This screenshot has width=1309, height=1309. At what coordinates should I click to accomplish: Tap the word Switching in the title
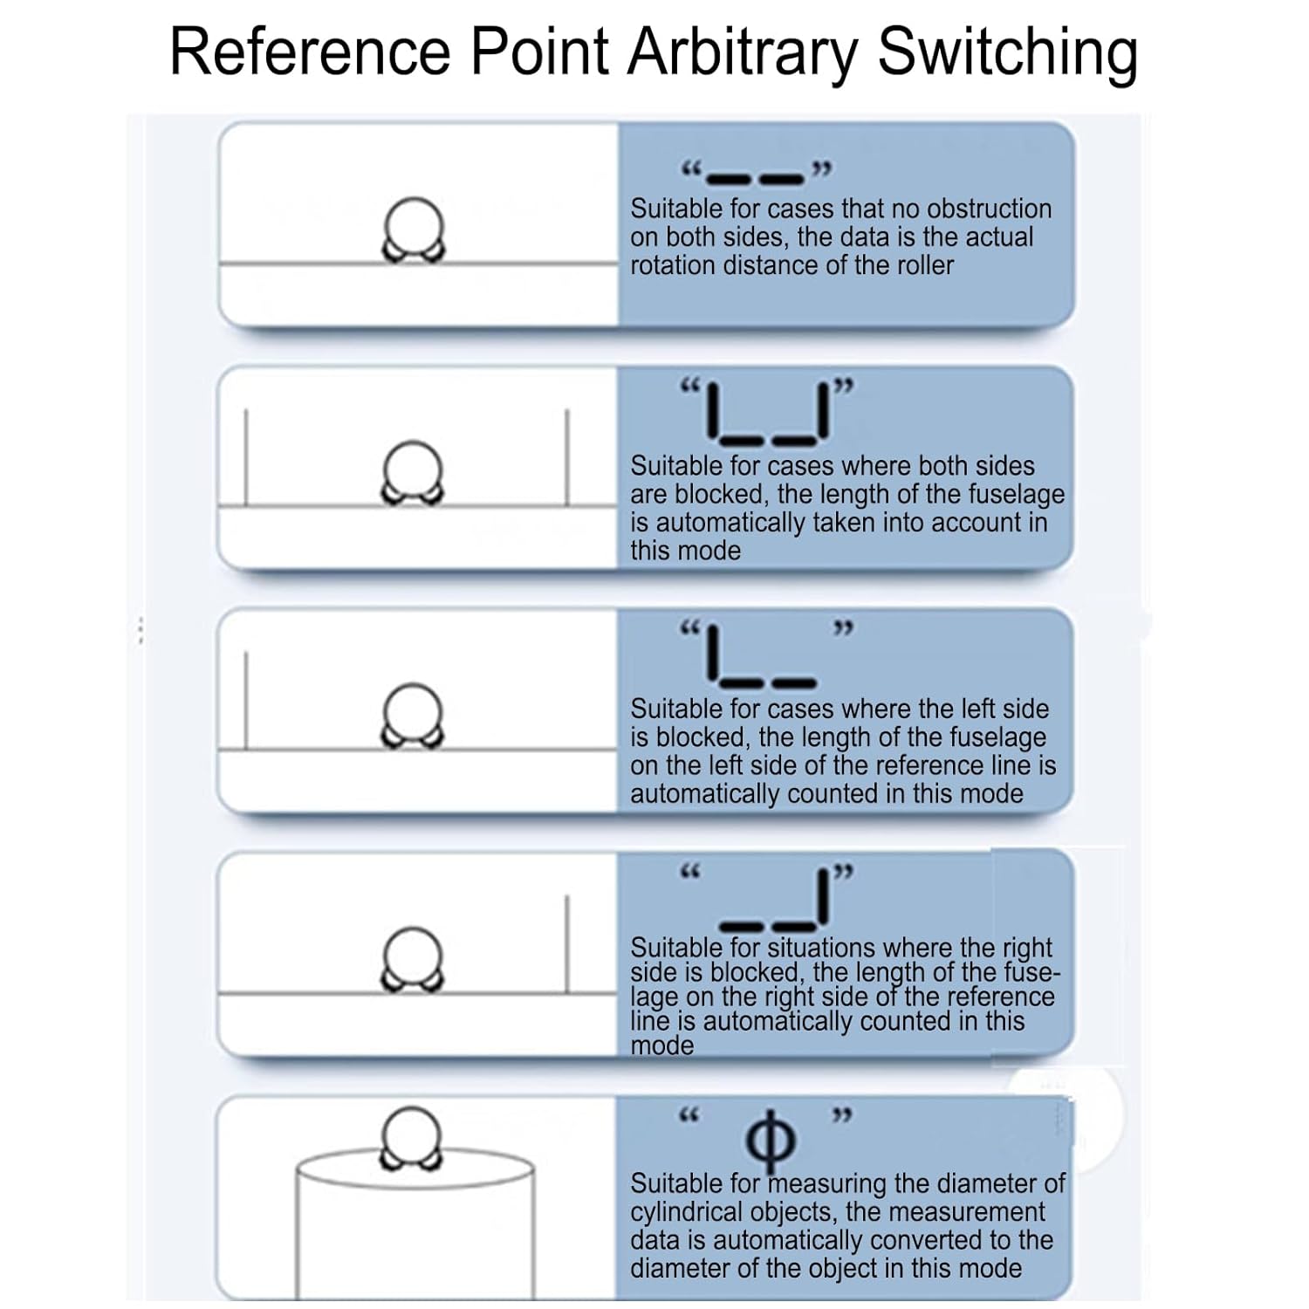click(1007, 53)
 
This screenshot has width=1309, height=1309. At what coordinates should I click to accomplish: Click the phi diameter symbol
click(771, 1140)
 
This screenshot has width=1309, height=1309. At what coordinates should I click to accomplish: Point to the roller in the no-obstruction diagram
click(414, 230)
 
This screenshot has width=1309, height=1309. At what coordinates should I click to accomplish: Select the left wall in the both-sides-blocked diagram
click(245, 456)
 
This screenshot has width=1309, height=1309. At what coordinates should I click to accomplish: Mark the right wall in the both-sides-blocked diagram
click(567, 456)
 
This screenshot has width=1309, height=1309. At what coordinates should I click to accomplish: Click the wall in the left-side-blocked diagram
click(245, 700)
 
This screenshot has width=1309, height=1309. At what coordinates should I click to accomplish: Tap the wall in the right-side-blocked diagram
click(567, 943)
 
